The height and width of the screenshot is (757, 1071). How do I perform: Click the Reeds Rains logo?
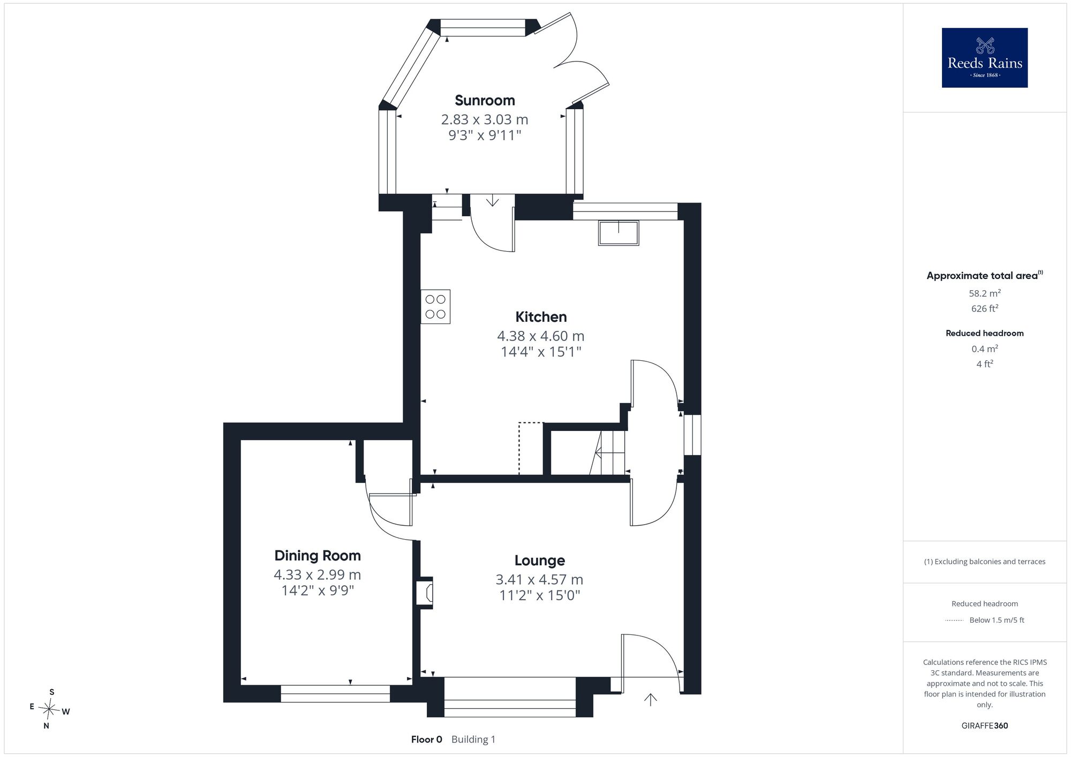pyautogui.click(x=984, y=58)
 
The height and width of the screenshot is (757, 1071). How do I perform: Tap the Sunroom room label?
pyautogui.click(x=485, y=100)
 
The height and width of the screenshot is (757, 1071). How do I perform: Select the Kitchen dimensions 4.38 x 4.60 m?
pyautogui.click(x=540, y=336)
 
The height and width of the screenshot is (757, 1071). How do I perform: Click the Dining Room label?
pyautogui.click(x=318, y=556)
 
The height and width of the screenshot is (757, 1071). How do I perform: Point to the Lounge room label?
pyautogui.click(x=540, y=561)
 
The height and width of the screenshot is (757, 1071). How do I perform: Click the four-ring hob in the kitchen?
pyautogui.click(x=435, y=307)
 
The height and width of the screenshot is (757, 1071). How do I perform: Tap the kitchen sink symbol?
pyautogui.click(x=619, y=233)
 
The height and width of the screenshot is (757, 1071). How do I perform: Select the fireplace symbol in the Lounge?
pyautogui.click(x=425, y=593)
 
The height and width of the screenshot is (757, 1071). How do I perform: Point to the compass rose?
pyautogui.click(x=49, y=709)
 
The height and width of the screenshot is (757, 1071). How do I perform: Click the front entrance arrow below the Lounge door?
pyautogui.click(x=650, y=699)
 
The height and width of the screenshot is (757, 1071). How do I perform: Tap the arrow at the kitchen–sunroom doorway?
pyautogui.click(x=492, y=201)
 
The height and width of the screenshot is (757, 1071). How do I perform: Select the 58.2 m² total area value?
pyautogui.click(x=984, y=293)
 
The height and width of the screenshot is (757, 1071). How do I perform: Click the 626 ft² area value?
pyautogui.click(x=984, y=308)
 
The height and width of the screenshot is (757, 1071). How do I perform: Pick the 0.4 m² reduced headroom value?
pyautogui.click(x=984, y=349)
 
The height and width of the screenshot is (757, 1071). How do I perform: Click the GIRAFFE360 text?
pyautogui.click(x=984, y=726)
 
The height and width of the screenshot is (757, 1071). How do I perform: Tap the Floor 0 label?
pyautogui.click(x=427, y=739)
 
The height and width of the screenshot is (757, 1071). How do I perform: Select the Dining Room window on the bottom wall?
pyautogui.click(x=335, y=693)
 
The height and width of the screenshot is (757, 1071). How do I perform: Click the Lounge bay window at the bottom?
pyautogui.click(x=510, y=697)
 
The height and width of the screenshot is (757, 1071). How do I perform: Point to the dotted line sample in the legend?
pyautogui.click(x=954, y=620)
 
